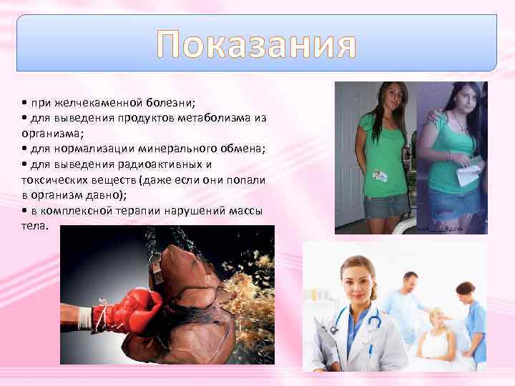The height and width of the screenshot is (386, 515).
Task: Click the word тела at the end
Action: tap(34, 226)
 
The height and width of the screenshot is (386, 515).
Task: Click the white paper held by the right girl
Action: tap(469, 172)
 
